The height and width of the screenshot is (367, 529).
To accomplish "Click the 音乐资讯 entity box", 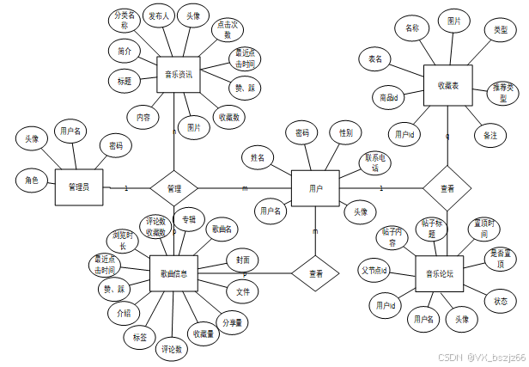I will pos(179,75).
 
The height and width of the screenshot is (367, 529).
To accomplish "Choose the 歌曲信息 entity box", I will pos(174,273).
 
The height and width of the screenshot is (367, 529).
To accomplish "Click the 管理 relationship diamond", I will pos(174,187).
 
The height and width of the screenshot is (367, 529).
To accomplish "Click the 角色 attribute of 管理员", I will pos(32,180).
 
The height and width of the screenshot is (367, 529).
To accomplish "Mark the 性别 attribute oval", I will pos(345,133).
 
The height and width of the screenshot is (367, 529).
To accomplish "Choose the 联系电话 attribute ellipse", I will pos(374,163).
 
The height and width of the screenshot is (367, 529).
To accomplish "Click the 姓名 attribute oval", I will pos(258,158).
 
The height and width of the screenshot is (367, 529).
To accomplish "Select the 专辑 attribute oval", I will pos(189,221).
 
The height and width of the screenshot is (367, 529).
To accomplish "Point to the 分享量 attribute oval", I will pos(232,323).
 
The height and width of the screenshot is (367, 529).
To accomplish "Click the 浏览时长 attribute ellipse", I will pos(122,240).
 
